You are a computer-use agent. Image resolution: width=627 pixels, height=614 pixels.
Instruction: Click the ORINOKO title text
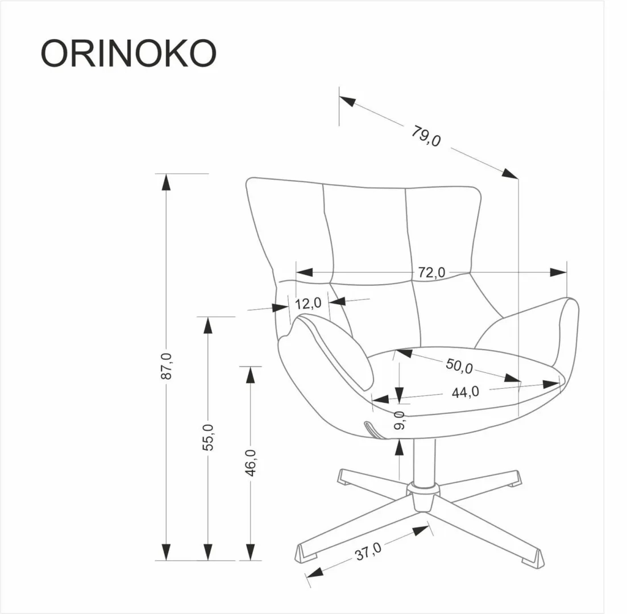click(x=128, y=53)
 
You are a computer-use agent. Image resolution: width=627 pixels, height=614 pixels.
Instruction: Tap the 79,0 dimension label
click(x=426, y=136)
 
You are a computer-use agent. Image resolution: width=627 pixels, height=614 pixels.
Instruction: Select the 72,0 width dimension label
click(x=431, y=273)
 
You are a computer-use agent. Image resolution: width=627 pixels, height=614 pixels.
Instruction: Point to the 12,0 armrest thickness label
click(x=309, y=303)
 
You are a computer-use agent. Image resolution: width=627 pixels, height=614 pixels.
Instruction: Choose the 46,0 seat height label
click(x=250, y=462)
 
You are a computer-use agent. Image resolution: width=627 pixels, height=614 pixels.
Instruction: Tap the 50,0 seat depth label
click(x=459, y=367)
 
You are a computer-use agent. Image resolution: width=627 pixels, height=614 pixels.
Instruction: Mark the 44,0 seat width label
click(x=465, y=392)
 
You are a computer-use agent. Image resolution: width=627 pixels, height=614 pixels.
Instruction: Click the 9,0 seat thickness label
click(x=400, y=420)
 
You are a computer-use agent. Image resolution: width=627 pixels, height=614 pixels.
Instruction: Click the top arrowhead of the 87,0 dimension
click(x=165, y=182)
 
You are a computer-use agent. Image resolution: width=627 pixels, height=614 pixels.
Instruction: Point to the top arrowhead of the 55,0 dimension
click(x=208, y=325)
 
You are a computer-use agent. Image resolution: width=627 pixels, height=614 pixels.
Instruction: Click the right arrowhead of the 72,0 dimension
click(x=558, y=272)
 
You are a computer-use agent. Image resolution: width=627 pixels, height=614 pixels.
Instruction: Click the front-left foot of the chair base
click(x=308, y=553)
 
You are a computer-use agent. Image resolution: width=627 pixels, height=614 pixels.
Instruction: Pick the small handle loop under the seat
click(x=373, y=429)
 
